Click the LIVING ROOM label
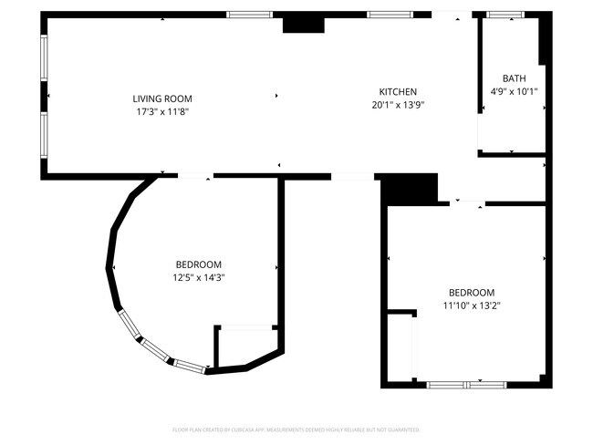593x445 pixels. click(162, 98)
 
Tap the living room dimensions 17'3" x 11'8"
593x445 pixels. click(162, 111)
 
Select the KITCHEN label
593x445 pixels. click(398, 91)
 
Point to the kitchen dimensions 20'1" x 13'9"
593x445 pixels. click(398, 104)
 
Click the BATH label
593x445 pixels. click(515, 78)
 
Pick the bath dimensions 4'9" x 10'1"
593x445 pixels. click(515, 91)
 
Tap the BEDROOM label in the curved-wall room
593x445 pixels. click(199, 264)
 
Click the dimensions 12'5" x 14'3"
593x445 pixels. click(199, 277)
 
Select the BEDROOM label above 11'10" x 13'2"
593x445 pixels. click(469, 293)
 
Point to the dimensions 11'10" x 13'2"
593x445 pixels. click(469, 305)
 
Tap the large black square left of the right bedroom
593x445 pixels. click(408, 191)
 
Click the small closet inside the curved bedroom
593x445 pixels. click(244, 345)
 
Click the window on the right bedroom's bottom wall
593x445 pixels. click(467, 385)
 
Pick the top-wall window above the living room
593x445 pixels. click(249, 15)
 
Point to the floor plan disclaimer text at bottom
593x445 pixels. click(296, 429)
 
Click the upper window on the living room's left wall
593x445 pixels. click(43, 58)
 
